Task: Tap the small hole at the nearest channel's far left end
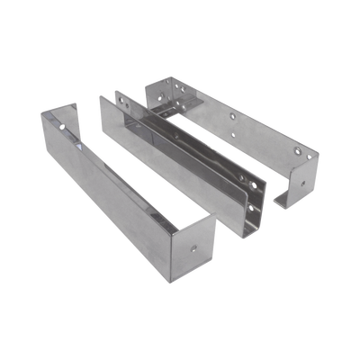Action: coord(63,128)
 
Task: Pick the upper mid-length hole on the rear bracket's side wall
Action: coord(232,117)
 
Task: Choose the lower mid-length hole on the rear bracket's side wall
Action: coord(237,134)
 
